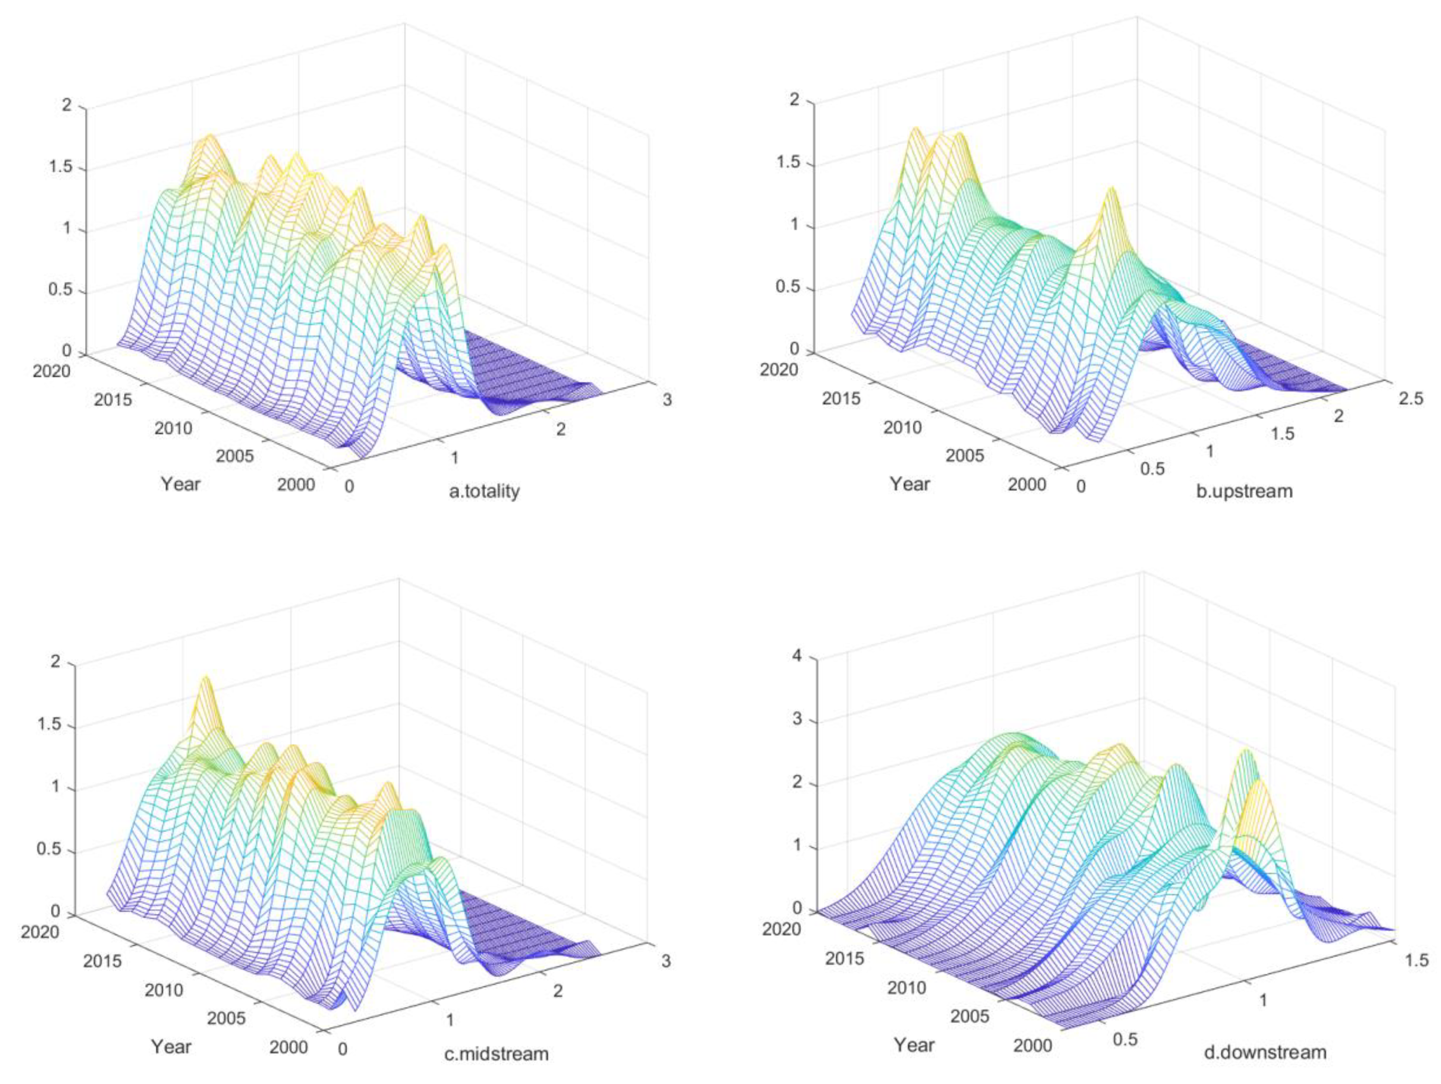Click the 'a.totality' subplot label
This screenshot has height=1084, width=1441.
point(484,491)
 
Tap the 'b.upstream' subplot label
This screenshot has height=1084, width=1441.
point(1244,490)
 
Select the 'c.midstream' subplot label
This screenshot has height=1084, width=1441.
point(496,1053)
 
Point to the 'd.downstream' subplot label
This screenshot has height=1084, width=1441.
point(1264,1052)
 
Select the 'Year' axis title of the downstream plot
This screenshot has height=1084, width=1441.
point(913,1045)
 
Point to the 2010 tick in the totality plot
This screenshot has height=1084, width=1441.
point(173,428)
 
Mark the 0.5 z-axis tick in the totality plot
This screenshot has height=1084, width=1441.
point(60,290)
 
